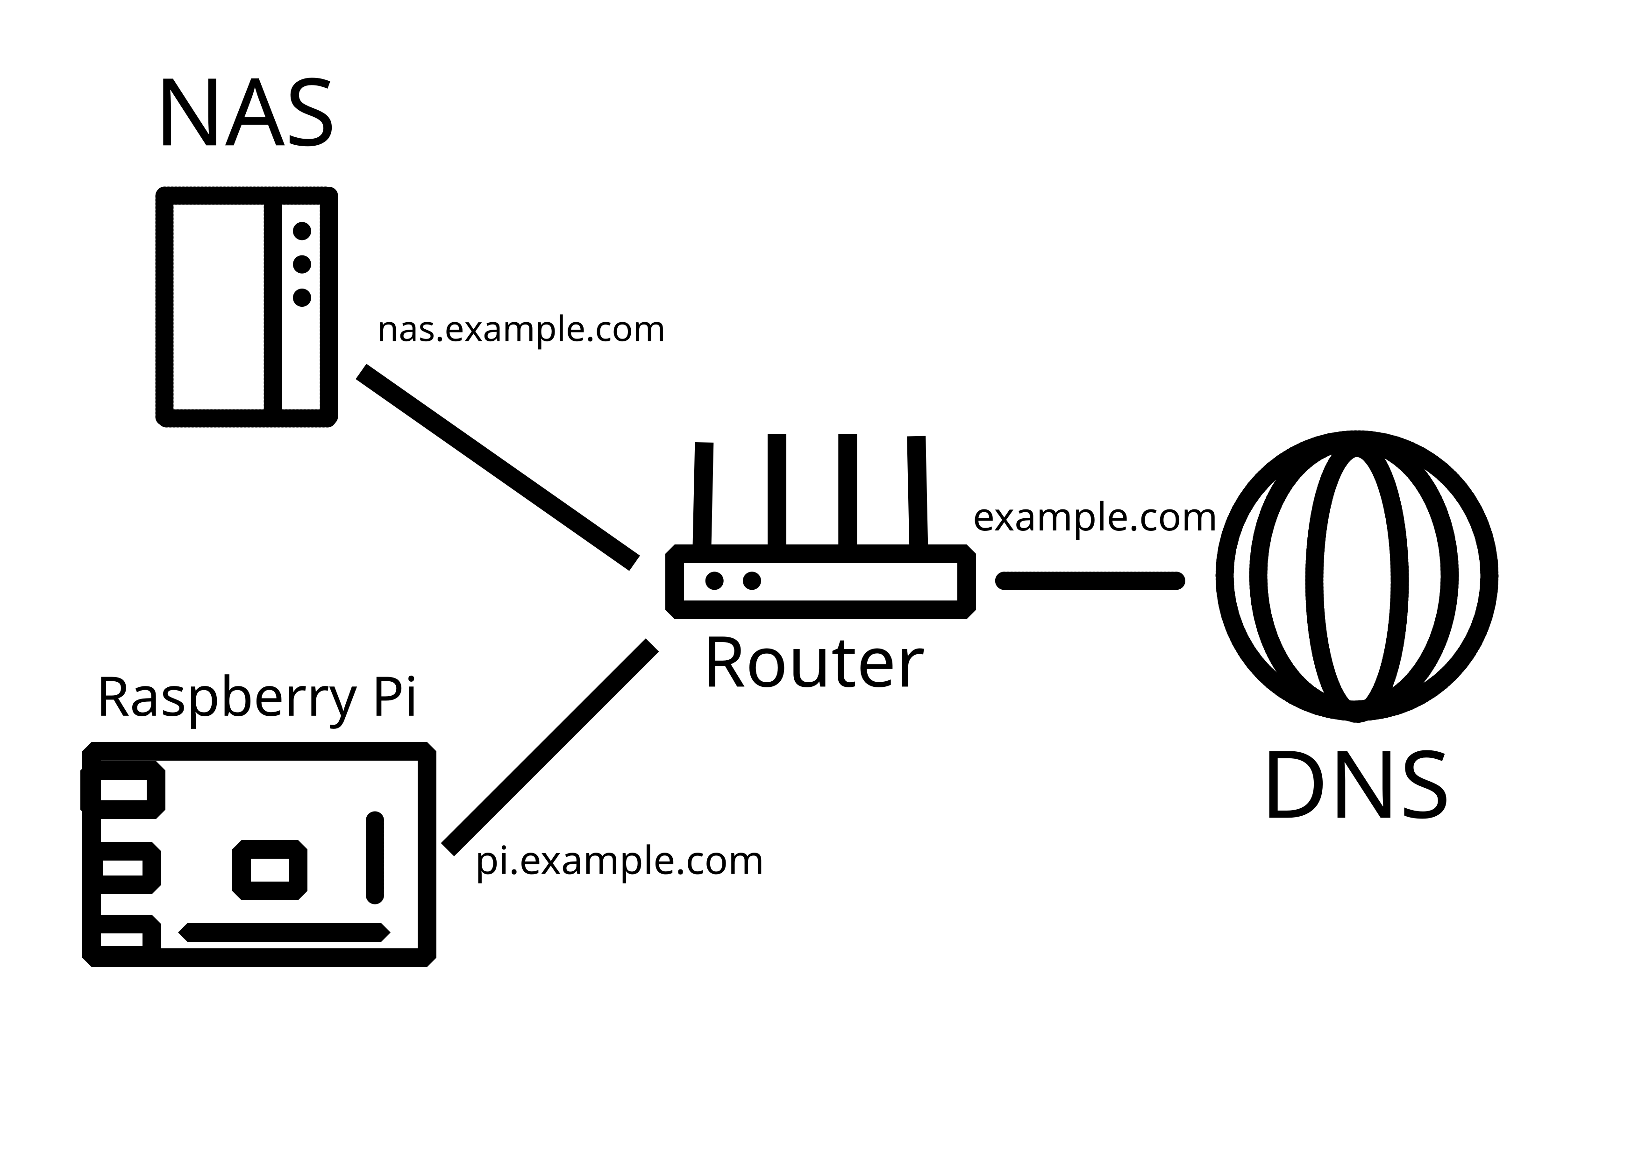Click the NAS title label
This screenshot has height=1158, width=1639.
(246, 114)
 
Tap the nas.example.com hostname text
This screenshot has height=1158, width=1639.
(520, 330)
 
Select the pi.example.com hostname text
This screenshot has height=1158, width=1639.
(619, 861)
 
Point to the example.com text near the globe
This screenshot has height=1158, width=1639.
(1094, 517)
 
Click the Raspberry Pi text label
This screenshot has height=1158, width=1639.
(257, 697)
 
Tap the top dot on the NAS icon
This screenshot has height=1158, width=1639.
(302, 231)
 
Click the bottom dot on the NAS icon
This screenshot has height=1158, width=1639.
(302, 297)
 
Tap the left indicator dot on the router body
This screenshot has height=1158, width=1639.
(714, 581)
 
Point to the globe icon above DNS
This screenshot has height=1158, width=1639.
(1356, 577)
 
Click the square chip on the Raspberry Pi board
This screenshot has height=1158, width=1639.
(270, 870)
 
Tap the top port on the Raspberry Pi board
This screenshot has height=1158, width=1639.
(123, 790)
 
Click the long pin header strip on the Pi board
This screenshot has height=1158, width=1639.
(284, 932)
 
